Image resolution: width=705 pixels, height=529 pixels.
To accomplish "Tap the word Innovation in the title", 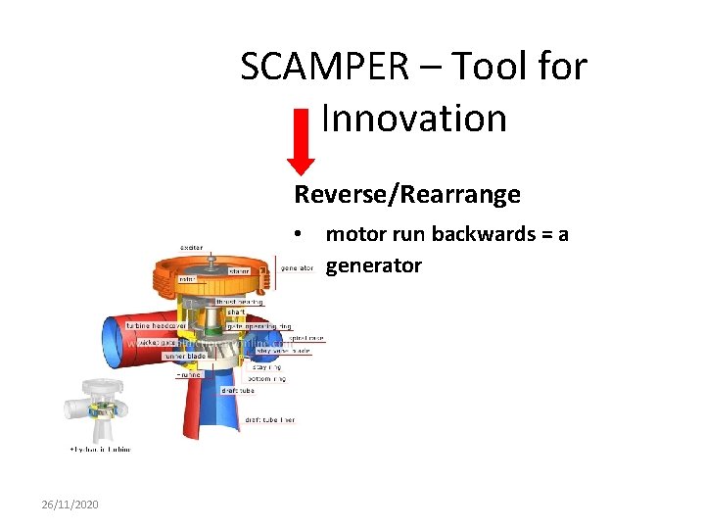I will point(414,119).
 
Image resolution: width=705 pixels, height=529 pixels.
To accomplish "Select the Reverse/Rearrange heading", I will point(407,195).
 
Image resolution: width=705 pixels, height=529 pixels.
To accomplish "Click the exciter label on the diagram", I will point(191,248).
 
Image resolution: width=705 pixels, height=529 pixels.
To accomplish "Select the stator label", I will point(239,270).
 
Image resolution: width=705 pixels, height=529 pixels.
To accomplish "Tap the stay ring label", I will point(267,366).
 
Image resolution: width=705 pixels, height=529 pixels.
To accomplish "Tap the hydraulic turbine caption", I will point(99,449).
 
